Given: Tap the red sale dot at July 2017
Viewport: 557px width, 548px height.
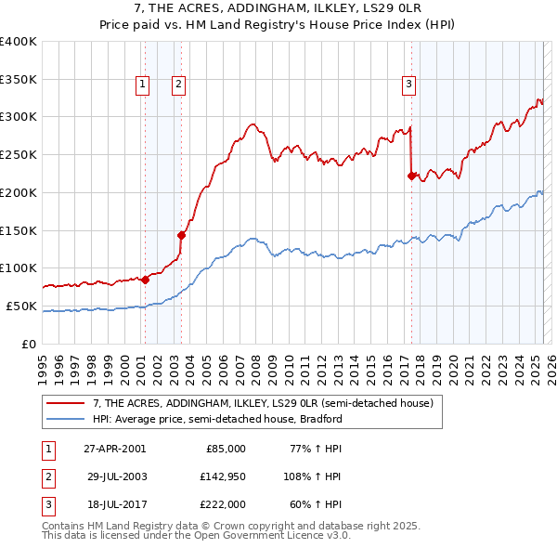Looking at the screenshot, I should (411, 175).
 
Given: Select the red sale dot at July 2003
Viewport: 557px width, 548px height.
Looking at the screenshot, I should (182, 235).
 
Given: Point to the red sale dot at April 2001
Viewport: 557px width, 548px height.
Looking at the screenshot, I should (145, 279).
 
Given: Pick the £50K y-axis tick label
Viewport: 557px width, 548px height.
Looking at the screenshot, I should (21, 306).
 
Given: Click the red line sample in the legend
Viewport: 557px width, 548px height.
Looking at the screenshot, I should (65, 403).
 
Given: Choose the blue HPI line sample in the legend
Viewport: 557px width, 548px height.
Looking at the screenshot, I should (65, 419).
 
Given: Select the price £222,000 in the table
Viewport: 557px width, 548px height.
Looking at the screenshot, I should (224, 504).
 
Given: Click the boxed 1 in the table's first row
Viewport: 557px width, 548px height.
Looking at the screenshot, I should (47, 449).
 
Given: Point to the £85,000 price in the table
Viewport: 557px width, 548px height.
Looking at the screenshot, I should (226, 449).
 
